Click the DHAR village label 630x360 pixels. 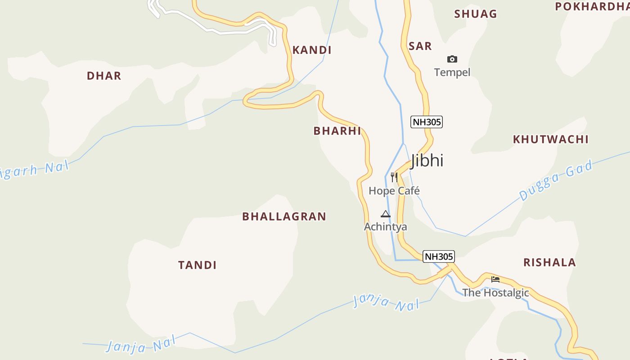point(104,76)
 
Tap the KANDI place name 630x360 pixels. point(312,50)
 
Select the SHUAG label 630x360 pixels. point(476,14)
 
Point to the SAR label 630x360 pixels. point(420,46)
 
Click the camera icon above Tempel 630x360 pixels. point(452,59)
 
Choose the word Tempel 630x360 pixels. point(452,72)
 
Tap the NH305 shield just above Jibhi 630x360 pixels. point(427,121)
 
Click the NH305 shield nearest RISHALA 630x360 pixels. point(439,256)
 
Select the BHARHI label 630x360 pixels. point(337,131)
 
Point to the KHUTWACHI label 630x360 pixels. point(551,139)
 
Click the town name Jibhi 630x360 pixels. point(427,160)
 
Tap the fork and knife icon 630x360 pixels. point(394,177)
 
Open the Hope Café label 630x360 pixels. point(394,191)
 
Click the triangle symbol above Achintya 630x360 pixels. point(386,214)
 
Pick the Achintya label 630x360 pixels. point(385,227)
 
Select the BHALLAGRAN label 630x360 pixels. point(284,216)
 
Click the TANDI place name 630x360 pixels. point(197,265)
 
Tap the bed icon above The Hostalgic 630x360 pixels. point(495,279)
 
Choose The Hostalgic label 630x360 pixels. point(495,292)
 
